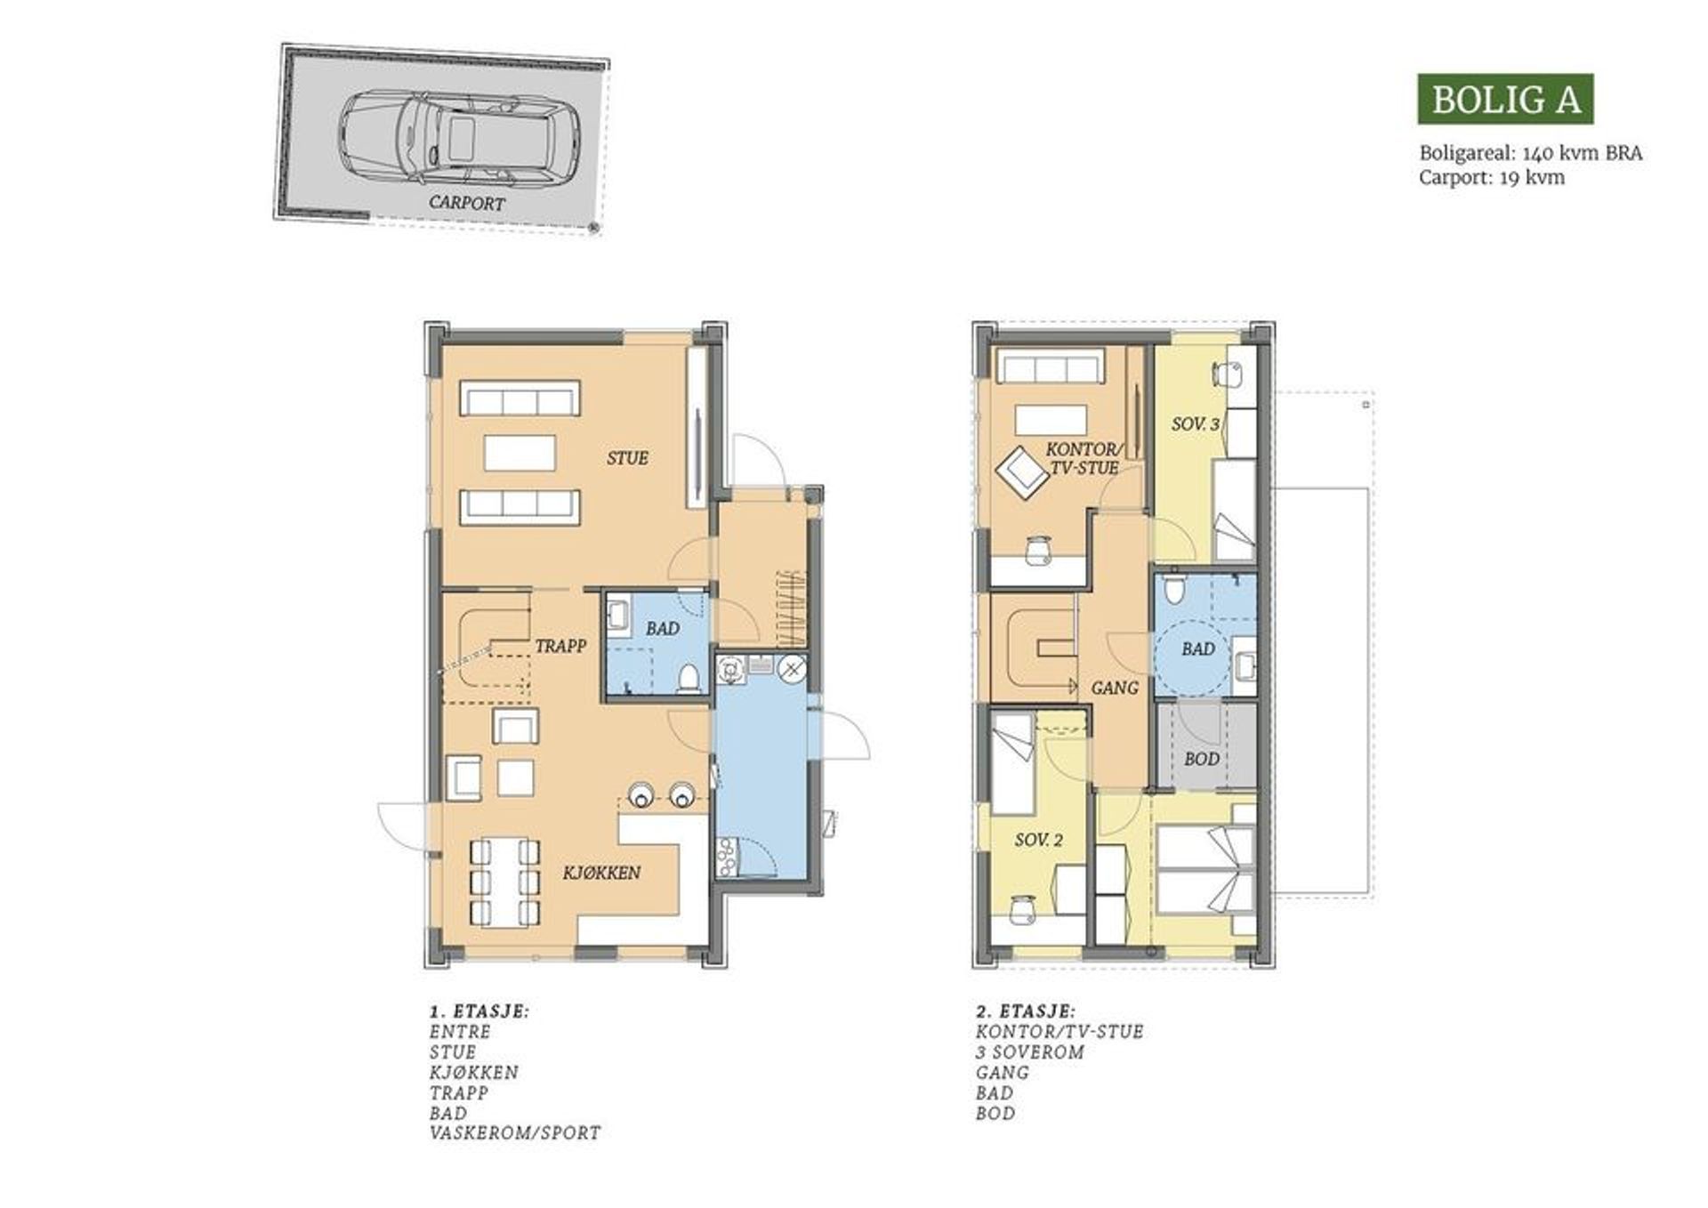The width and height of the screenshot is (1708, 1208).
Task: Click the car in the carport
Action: [459, 137]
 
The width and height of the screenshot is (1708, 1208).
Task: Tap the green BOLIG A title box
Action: [1505, 99]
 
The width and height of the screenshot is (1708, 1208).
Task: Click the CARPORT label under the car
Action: [466, 203]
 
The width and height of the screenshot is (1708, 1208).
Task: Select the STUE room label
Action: [627, 458]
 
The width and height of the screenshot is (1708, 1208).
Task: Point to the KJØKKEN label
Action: [601, 873]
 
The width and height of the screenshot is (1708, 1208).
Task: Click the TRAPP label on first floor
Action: [560, 646]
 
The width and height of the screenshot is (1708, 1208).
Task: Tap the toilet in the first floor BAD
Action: [688, 678]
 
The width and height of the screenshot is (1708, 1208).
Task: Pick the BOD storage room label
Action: [1201, 759]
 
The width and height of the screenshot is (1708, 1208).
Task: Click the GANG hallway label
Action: [1115, 688]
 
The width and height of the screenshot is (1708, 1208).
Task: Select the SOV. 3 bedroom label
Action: [1195, 424]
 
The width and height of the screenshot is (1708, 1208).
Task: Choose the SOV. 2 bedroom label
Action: [1038, 840]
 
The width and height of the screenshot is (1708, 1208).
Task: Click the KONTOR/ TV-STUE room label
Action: [1084, 458]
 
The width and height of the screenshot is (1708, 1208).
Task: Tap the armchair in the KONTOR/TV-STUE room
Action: [1021, 471]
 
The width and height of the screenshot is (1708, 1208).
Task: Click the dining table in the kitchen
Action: [504, 882]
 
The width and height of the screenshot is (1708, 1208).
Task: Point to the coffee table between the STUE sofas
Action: [520, 453]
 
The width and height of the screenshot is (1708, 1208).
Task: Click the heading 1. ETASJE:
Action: [479, 1011]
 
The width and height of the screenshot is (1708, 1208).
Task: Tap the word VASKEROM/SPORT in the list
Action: [515, 1133]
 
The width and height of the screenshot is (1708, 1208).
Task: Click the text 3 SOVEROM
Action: [1030, 1052]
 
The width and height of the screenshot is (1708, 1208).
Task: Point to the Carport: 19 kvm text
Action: [1491, 177]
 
